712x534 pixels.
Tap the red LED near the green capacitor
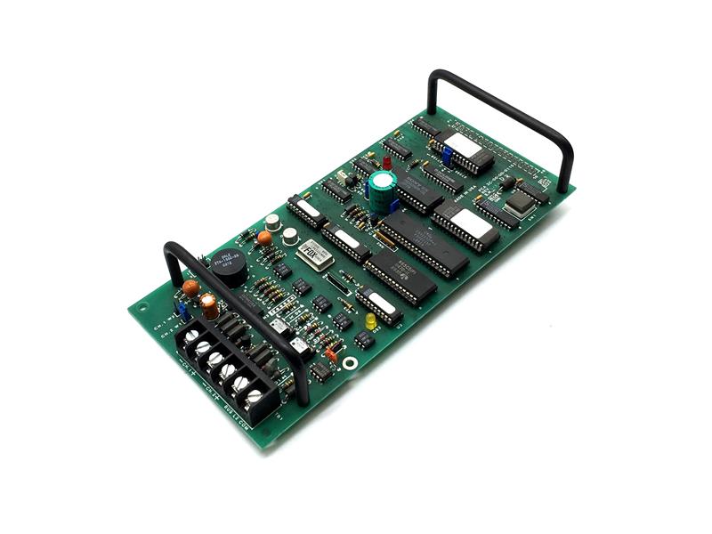coord(387,164)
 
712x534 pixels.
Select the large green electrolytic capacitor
coord(382,185)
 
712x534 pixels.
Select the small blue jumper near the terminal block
coord(179,310)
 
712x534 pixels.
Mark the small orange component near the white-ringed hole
coord(330,354)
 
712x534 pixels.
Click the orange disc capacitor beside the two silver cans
coord(264,238)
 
